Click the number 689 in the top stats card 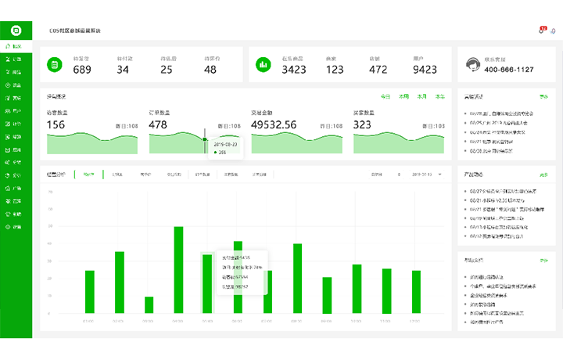pos(82,70)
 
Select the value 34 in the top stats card pos(124,70)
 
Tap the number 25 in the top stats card pos(167,70)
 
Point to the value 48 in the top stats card pos(210,70)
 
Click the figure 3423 pos(294,70)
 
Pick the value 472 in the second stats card pos(378,70)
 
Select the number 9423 pos(425,70)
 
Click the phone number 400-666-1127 pos(510,70)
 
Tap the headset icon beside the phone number pos(472,64)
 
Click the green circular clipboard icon pos(56,64)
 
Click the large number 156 pos(56,124)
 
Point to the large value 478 pos(158,124)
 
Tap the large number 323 pos(362,124)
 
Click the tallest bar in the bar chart pos(178,270)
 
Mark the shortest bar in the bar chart pos(149,304)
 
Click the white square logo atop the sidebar pos(16,31)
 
